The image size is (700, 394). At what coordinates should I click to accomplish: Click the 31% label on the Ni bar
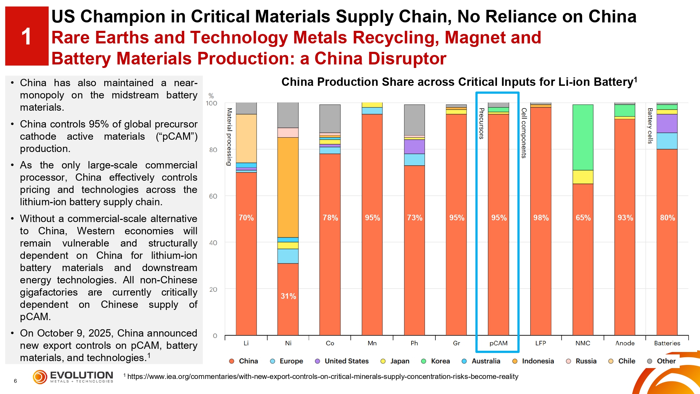(x=288, y=296)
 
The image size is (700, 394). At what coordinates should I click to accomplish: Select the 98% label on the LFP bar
(x=541, y=218)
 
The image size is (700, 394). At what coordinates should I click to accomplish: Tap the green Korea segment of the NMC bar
(x=583, y=137)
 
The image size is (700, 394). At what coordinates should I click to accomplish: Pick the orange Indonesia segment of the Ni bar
(x=288, y=187)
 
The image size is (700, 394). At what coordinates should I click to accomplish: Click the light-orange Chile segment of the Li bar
(x=246, y=138)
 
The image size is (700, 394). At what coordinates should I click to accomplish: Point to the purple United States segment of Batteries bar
(x=667, y=123)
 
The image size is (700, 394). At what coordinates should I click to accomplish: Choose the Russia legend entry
(x=581, y=361)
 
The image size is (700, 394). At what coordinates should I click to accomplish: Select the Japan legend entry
(x=395, y=361)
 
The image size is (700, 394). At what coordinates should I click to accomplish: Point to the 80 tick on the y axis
(x=213, y=150)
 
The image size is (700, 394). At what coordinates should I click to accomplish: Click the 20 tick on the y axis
(x=213, y=290)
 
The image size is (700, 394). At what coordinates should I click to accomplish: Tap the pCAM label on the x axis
(x=498, y=343)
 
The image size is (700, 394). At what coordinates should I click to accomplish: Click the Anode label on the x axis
(x=625, y=343)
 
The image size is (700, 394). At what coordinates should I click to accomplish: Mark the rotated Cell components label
(x=524, y=133)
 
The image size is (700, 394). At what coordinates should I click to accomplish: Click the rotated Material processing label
(x=229, y=137)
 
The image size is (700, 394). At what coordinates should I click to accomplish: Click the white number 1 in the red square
(x=26, y=36)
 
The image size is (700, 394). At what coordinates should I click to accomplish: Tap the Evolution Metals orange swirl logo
(x=40, y=377)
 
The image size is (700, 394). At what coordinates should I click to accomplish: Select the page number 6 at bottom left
(x=15, y=381)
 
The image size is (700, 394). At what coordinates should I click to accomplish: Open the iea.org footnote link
(x=322, y=376)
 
